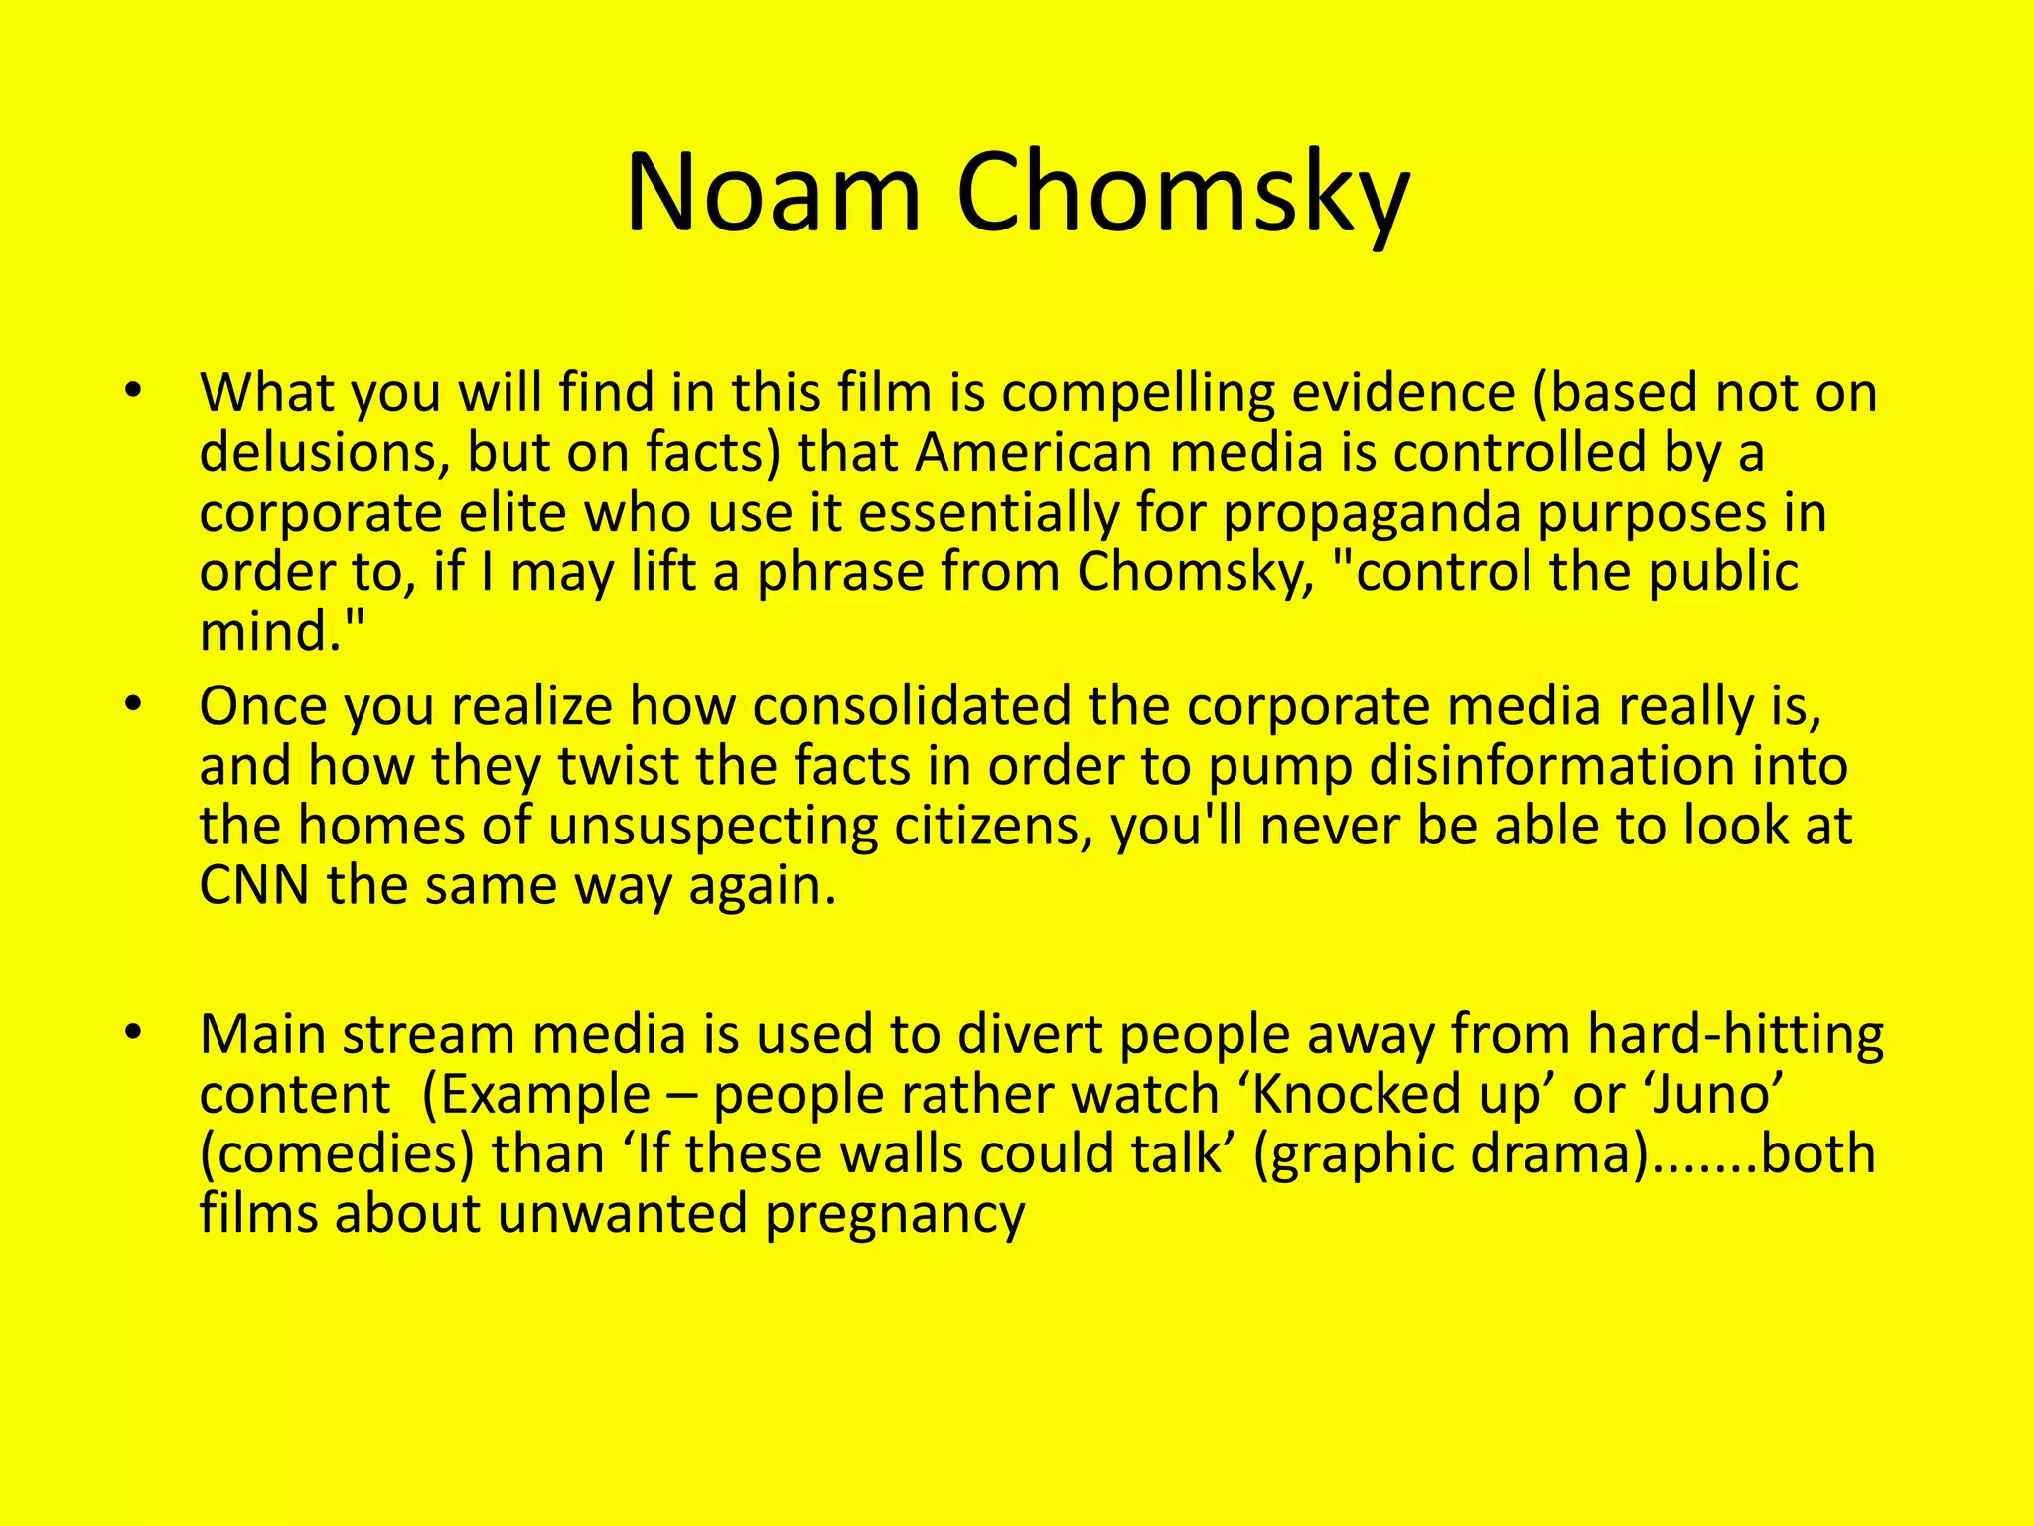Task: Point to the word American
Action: point(1031,453)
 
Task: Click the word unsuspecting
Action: point(713,827)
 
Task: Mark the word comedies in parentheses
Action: point(338,1155)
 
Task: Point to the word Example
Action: point(544,1095)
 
